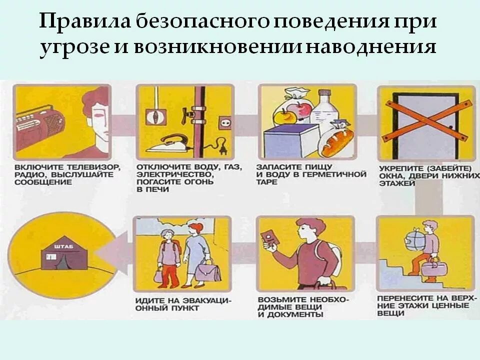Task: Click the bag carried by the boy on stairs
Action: click(431, 267)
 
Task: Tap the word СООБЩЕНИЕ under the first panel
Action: click(43, 183)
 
